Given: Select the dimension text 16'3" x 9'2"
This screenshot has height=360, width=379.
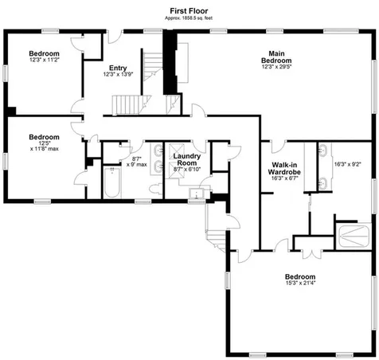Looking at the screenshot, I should [347, 164].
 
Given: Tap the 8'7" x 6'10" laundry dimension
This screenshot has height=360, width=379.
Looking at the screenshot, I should [189, 169].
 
